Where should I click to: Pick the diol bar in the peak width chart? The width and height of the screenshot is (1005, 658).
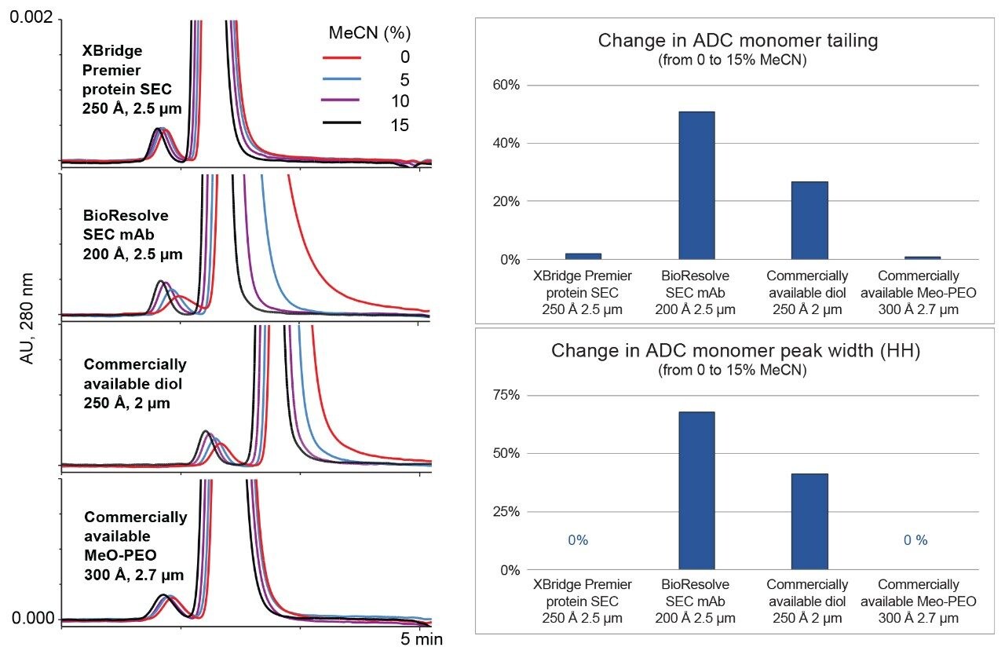809,521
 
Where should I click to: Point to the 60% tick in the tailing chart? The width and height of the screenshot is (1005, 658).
505,85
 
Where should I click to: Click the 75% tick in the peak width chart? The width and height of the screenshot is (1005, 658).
505,395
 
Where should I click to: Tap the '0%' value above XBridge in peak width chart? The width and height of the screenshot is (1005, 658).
578,540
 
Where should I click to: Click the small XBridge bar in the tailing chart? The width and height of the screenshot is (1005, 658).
583,256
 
